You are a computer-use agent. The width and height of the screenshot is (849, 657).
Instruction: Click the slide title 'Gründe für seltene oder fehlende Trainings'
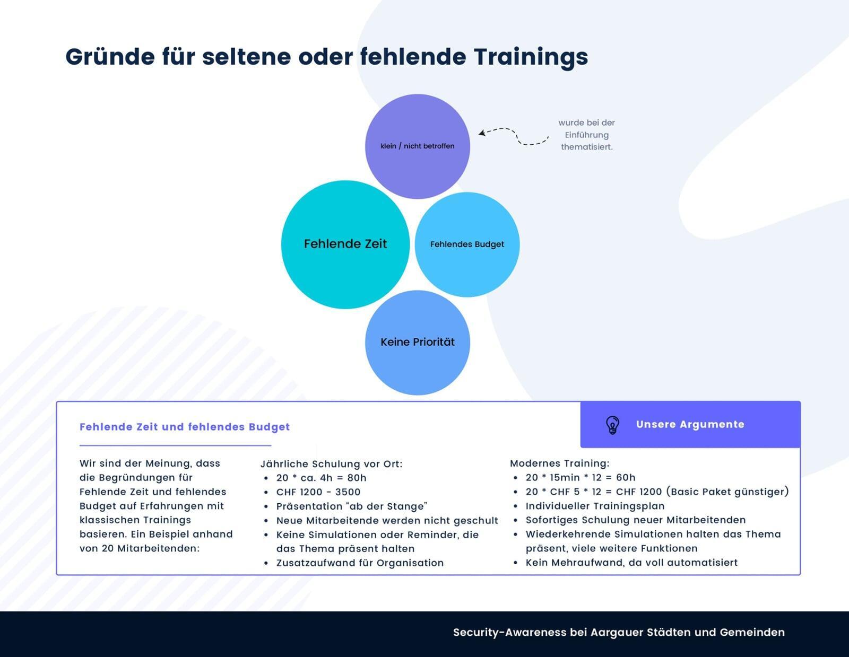(x=327, y=57)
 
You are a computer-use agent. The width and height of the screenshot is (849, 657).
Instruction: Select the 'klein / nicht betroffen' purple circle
(x=417, y=146)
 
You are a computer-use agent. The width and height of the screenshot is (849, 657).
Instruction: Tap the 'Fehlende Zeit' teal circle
(x=345, y=244)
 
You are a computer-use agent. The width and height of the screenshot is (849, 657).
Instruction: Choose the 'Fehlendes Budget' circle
(x=467, y=244)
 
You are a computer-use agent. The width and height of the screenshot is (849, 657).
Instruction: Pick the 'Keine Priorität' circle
(x=417, y=343)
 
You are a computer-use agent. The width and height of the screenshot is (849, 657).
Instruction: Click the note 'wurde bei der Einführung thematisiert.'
(x=586, y=135)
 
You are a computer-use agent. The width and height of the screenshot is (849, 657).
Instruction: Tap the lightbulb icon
(x=612, y=425)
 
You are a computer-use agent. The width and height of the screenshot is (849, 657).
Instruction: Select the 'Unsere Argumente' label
(x=690, y=424)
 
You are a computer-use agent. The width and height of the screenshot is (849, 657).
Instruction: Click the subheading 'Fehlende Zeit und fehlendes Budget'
(x=185, y=427)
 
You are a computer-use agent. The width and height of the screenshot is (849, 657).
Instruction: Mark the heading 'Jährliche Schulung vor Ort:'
(x=331, y=464)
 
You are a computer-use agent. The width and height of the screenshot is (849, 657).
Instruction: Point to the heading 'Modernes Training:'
(x=559, y=463)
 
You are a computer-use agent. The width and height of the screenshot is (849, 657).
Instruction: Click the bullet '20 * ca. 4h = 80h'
(x=321, y=478)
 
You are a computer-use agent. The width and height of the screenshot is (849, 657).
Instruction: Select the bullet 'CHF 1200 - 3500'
(x=318, y=492)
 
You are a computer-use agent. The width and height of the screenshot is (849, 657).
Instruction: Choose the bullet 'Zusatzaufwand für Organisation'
(x=360, y=563)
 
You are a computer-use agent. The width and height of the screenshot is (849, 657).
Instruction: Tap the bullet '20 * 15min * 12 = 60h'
(x=580, y=477)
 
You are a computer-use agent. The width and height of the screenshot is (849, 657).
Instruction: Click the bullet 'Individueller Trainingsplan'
(x=595, y=506)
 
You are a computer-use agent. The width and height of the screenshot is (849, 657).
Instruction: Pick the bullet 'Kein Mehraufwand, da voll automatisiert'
(x=631, y=563)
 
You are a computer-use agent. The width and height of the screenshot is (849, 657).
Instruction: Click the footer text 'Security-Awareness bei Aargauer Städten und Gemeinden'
(x=619, y=633)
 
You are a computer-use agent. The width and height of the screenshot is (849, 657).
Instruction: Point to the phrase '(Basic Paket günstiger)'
(x=727, y=492)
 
